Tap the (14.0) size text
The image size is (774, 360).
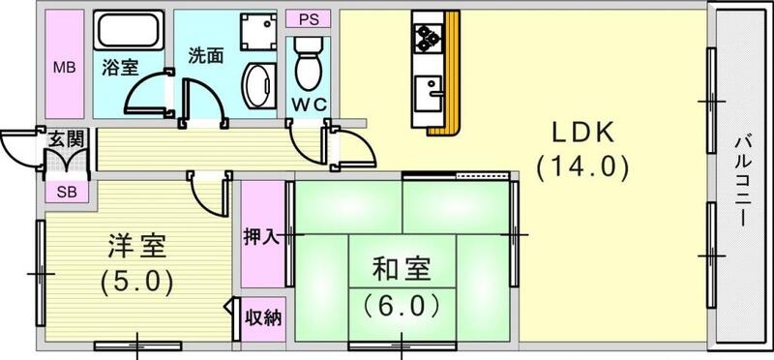pos(583,167)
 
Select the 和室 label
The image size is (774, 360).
pos(402,266)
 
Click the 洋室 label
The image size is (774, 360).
pos(136,245)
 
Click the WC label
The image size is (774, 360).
pos(310,104)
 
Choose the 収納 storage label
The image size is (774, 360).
pos(262,317)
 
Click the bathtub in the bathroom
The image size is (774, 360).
pos(129,34)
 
